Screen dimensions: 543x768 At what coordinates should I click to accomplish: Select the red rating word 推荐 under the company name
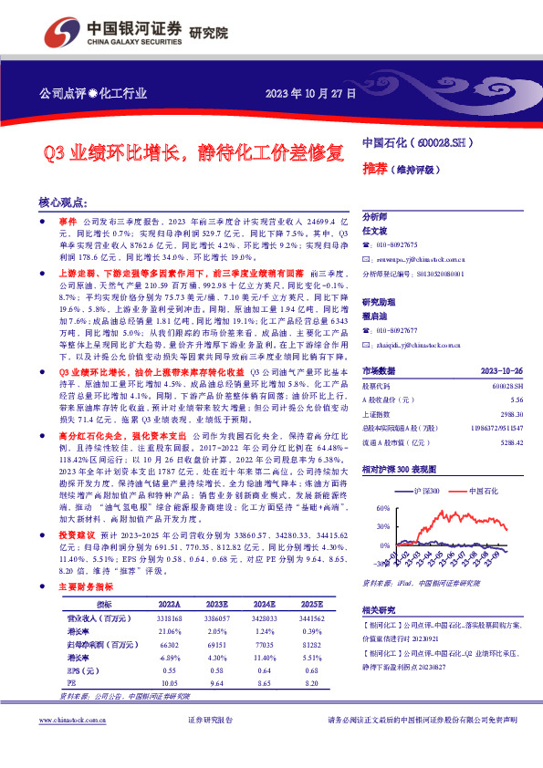375,169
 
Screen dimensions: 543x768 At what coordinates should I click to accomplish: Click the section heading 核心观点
63,202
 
